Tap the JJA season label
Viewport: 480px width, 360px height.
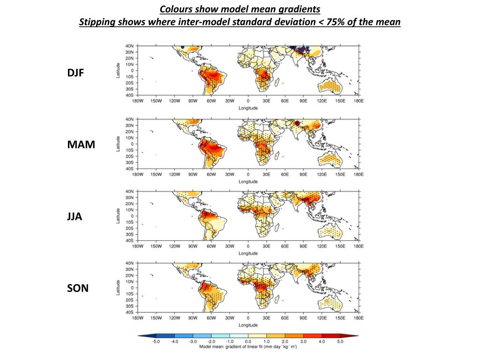(x=75, y=217)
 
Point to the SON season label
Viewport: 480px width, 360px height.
(x=77, y=288)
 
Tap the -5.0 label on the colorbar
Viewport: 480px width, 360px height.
(x=156, y=342)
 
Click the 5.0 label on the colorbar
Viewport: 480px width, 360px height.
(x=340, y=342)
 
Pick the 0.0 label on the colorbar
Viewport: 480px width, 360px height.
(x=248, y=342)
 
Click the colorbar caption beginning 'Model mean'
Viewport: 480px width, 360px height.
(x=248, y=347)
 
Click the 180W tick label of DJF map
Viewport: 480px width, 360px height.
(x=137, y=101)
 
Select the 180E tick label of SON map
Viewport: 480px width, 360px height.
(x=359, y=318)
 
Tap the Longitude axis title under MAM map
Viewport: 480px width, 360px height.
(x=248, y=181)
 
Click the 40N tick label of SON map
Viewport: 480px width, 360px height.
(x=129, y=263)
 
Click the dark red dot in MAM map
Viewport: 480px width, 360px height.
(x=297, y=123)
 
